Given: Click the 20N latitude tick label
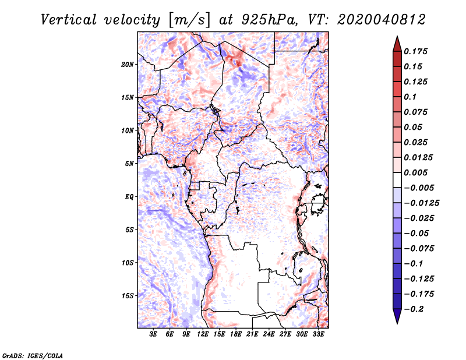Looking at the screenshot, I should [128, 64].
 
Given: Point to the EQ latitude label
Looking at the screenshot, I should [129, 197].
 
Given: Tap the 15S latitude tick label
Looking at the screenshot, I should [128, 296].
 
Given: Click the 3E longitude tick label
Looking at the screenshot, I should [154, 335].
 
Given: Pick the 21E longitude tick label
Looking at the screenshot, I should [253, 335].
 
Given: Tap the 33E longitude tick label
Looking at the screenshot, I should [319, 335].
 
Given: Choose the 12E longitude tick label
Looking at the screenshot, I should [203, 335].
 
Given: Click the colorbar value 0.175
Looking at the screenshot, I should [417, 51].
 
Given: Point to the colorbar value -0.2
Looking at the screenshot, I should [416, 309].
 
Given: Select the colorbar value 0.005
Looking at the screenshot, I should [417, 172].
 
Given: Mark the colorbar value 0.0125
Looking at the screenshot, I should [419, 157].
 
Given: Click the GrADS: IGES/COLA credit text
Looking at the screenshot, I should [24, 355].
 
